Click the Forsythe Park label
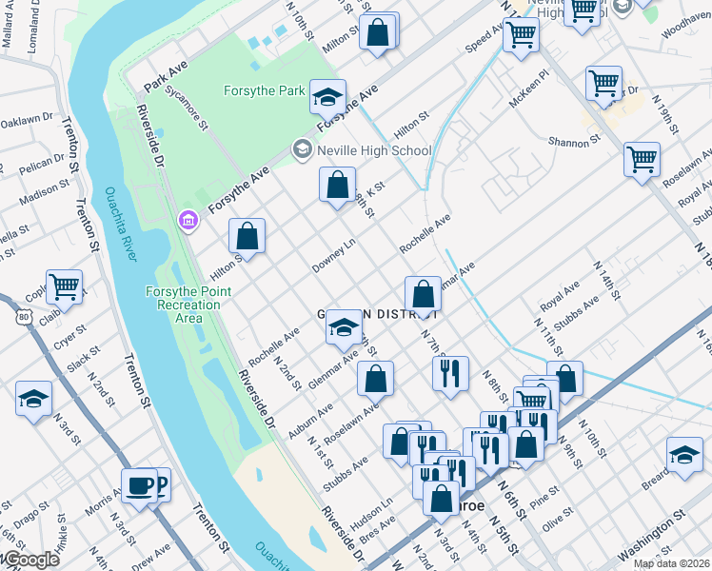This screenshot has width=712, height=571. pos(265,91)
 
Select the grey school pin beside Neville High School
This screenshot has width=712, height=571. pos(302,149)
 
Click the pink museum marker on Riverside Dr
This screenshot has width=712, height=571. pos(188,222)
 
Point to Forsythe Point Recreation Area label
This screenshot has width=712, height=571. pos(183,304)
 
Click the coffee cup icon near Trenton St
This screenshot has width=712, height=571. pos(140,486)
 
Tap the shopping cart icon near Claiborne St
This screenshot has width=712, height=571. pos(64,285)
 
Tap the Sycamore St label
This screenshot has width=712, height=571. pos(186,111)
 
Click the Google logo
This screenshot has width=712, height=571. pos(30,560)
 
